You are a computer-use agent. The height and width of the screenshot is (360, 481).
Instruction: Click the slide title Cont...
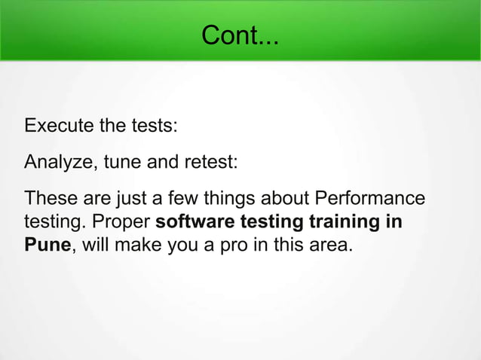[240, 35]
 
